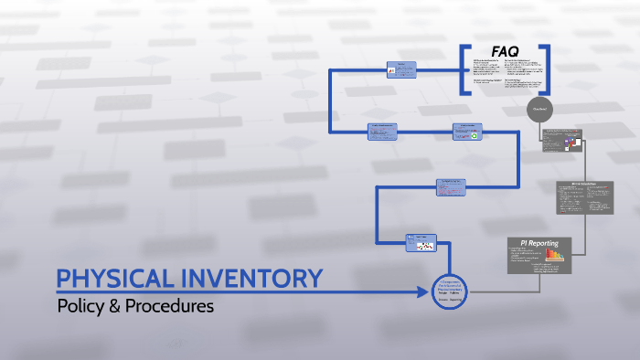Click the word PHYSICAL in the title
(110, 279)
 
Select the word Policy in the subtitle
(80, 306)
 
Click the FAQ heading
(506, 52)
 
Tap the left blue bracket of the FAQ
(465, 69)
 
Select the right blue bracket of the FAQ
(545, 69)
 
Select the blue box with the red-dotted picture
(421, 243)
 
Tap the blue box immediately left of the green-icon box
(385, 132)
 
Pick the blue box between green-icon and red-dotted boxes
(453, 186)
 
